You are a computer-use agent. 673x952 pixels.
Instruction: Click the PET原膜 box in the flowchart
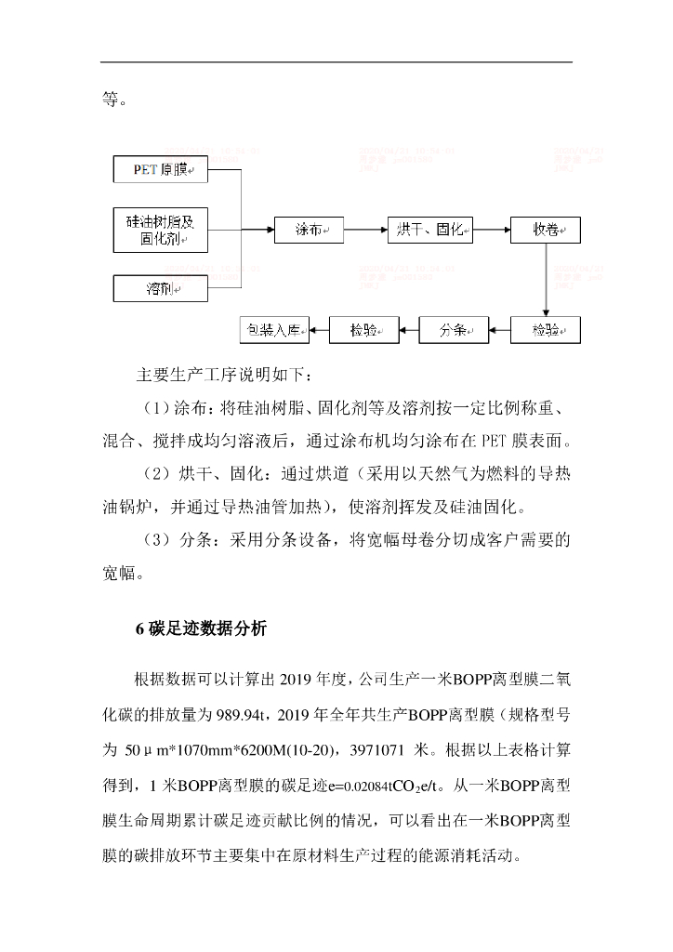[x=163, y=171]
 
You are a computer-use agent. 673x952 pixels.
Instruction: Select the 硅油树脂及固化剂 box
[x=163, y=230]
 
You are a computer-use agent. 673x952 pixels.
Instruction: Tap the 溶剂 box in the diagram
[x=163, y=288]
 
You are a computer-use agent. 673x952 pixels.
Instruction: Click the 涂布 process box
[x=309, y=230]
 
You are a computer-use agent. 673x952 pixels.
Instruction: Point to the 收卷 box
[x=546, y=230]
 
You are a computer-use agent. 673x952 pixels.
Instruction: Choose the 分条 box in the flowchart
[x=453, y=329]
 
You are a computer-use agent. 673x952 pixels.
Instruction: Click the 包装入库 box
[x=272, y=329]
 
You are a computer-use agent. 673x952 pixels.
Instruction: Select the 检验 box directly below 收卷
[x=546, y=329]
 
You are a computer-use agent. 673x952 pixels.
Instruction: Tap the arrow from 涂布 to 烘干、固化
[x=365, y=230]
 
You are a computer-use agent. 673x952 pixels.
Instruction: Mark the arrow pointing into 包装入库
[x=318, y=329]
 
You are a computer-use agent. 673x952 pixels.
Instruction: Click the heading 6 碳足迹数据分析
[x=201, y=629]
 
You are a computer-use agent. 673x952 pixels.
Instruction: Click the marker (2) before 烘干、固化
[x=158, y=474]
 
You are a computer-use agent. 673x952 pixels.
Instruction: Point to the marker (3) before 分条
[x=158, y=539]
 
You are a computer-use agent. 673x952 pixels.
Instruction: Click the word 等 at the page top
[x=109, y=99]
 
